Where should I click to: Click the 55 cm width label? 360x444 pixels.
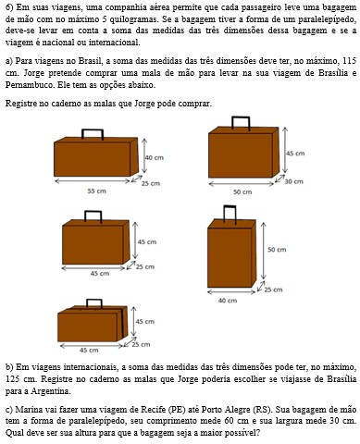(96, 191)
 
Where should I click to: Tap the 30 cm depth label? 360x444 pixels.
(293, 181)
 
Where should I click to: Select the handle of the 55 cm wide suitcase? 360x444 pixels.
(93, 134)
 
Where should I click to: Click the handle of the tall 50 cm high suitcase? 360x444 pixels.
(230, 214)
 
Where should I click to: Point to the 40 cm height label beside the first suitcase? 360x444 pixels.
(155, 157)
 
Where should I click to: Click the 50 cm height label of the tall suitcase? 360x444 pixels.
(277, 250)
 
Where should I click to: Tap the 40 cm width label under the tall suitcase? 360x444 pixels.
(228, 301)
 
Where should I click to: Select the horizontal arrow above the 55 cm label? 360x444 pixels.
(93, 181)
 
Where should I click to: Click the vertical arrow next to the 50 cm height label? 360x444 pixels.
(263, 251)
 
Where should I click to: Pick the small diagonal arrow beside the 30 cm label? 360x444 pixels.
(279, 179)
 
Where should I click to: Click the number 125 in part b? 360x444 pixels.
(12, 378)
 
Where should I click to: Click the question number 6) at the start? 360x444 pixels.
(9, 7)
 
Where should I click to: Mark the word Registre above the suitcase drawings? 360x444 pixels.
(20, 104)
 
